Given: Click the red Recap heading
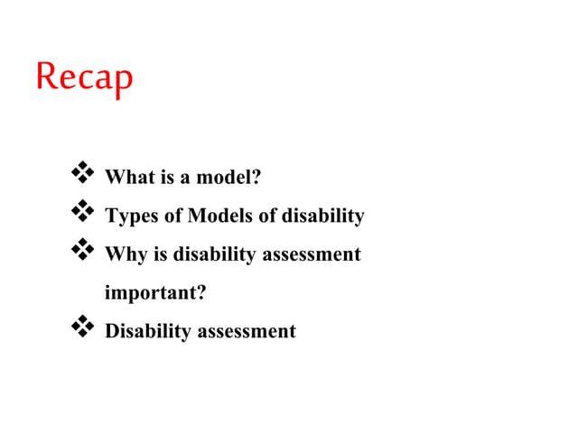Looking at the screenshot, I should [84, 78].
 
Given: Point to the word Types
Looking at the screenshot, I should [128, 216].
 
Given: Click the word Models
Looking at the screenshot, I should [215, 216].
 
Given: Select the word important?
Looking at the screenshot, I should [150, 293].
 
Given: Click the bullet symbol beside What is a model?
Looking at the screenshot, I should [82, 171].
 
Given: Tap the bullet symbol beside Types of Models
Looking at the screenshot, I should [82, 210].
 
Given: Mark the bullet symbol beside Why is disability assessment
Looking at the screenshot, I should [82, 248].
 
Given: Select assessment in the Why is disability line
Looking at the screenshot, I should [312, 254].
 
